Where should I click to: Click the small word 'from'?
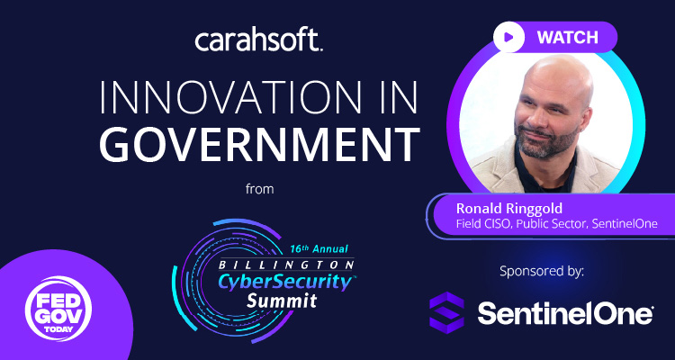coord(259,189)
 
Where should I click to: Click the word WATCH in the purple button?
coord(567,38)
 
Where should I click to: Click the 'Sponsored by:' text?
coord(542,270)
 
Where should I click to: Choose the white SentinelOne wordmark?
coord(563,313)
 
